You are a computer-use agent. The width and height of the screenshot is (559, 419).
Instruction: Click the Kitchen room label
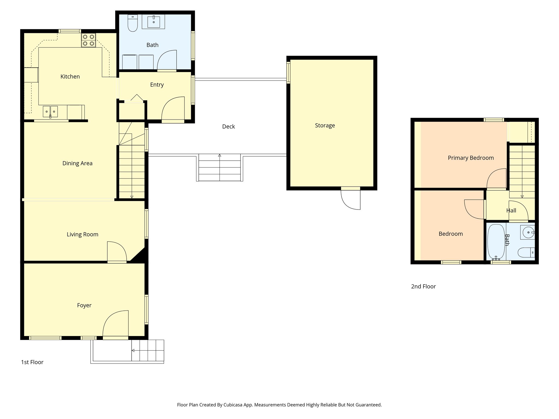[x=70, y=77]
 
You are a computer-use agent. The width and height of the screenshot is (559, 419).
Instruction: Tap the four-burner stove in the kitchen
[x=88, y=40]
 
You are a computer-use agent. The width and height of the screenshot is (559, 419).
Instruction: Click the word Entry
[x=157, y=85]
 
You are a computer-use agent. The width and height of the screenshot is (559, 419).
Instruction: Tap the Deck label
[x=228, y=127]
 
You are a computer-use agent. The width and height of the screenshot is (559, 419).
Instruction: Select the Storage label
[x=325, y=125]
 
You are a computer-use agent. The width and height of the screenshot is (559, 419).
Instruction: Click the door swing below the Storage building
[x=352, y=200]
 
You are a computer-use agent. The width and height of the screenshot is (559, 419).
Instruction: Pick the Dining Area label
[x=77, y=163]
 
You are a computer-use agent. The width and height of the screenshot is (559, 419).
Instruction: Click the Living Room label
[x=82, y=235]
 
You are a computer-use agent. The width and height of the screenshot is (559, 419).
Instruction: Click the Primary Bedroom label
[x=471, y=158]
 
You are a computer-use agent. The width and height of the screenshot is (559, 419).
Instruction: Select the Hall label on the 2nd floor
[x=511, y=211]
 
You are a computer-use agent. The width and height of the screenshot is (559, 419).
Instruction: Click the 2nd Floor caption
[x=423, y=286]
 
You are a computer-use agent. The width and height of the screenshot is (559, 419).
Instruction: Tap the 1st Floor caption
[x=32, y=362]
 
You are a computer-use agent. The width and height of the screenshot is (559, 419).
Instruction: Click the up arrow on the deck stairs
[x=220, y=156]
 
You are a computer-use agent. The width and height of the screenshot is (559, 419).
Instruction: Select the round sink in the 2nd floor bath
[x=528, y=232]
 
